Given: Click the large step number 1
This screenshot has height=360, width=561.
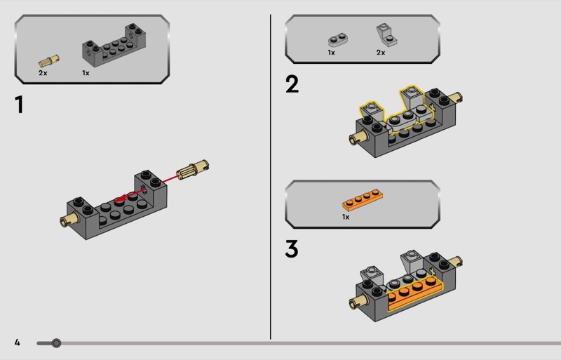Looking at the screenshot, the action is point(20,105).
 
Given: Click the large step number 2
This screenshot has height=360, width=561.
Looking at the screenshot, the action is point(292,84).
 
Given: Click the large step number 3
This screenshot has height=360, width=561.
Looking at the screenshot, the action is point(292,248).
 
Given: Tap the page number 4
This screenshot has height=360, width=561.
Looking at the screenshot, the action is point(17,342).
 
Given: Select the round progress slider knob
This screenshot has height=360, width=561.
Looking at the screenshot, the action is point(56,343).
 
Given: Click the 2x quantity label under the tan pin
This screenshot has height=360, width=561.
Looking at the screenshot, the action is point(43,73).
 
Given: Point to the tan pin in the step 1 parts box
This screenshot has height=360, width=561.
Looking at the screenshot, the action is point(49,61).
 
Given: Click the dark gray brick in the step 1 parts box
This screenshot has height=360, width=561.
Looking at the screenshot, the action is point(114,45).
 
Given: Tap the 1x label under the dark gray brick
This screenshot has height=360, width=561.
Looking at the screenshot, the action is point(86,73).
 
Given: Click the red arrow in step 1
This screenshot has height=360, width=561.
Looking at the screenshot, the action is point(147,187).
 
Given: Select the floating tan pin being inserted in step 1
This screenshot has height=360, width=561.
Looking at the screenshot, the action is point(193,169).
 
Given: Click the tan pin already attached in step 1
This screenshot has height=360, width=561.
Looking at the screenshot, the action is point(69,219).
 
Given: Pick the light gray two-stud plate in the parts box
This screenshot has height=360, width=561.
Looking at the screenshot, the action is point(338,40).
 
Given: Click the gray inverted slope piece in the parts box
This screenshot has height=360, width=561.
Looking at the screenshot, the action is point(387,35).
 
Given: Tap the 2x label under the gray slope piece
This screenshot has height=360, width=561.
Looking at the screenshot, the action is point(381,53).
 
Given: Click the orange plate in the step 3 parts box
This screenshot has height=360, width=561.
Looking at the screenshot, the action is point(363,199).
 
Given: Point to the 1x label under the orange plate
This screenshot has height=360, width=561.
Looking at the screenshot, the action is point(346,217).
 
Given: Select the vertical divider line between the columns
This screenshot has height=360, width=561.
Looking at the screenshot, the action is point(271,177).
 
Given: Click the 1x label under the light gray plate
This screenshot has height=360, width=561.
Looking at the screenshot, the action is point(331,53).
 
